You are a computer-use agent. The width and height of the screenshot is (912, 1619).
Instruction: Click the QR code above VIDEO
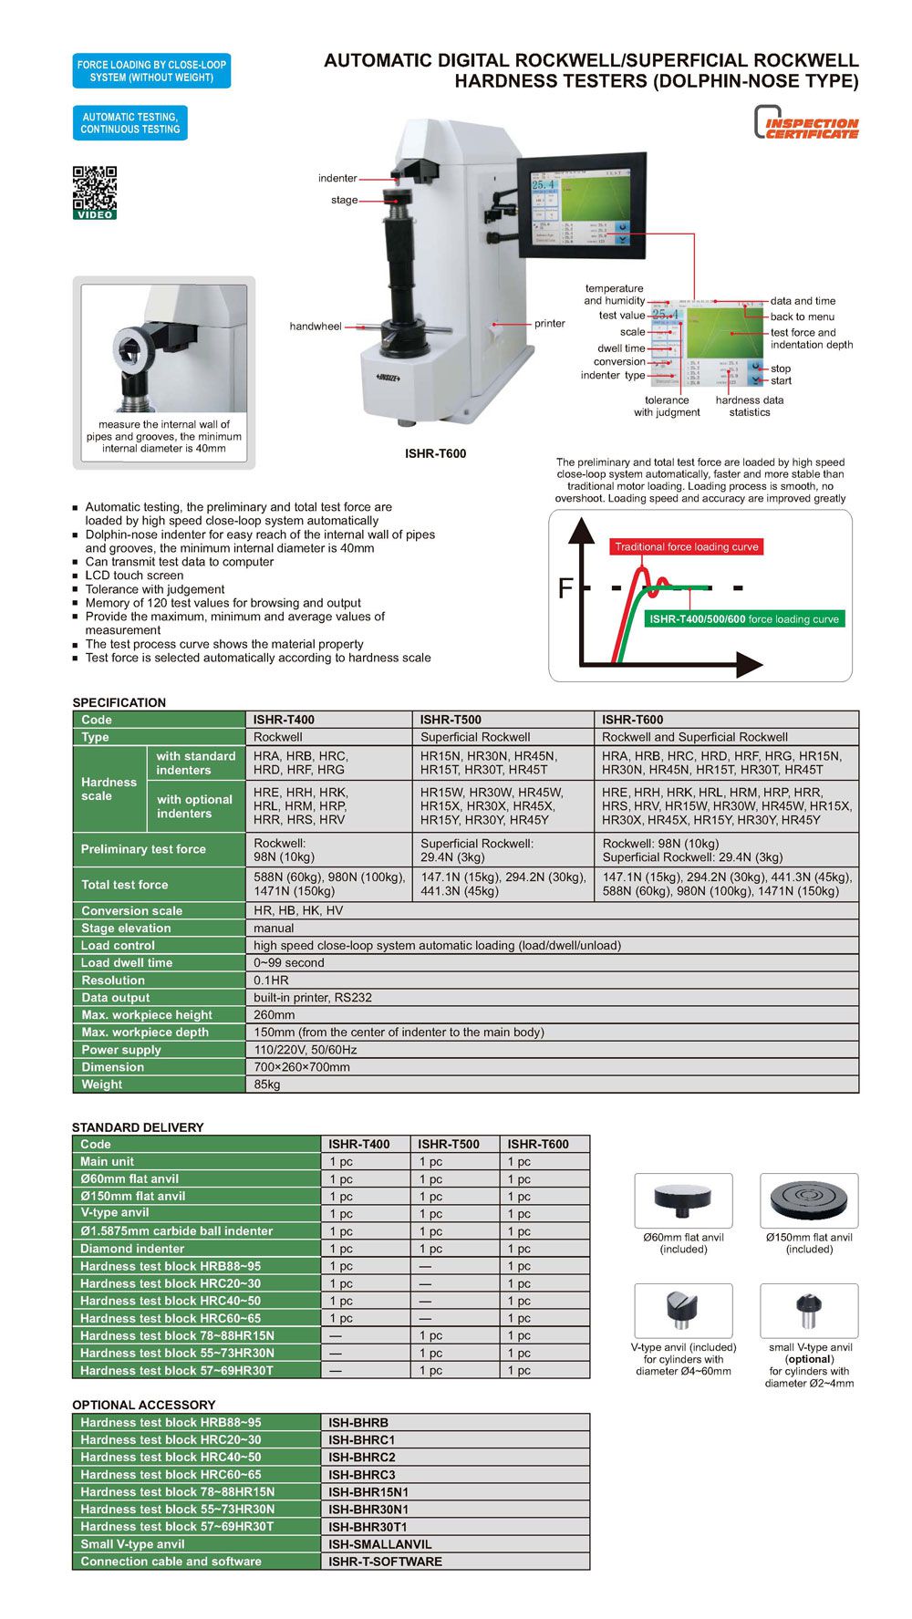(95, 187)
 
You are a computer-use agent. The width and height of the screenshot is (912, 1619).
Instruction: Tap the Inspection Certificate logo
(807, 123)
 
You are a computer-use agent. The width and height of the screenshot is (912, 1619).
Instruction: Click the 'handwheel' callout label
(316, 327)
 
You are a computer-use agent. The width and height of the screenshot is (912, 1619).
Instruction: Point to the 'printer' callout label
(550, 324)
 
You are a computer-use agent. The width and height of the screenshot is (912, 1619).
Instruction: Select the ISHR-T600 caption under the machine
(435, 453)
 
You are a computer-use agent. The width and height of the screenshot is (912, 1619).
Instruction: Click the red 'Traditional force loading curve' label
(686, 547)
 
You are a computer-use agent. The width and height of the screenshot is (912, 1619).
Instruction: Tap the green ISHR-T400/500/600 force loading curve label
(743, 619)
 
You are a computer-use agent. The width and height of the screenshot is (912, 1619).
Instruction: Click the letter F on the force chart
(565, 589)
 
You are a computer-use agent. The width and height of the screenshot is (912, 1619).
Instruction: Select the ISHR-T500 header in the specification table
(451, 720)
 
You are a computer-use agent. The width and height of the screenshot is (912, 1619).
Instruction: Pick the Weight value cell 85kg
(267, 1085)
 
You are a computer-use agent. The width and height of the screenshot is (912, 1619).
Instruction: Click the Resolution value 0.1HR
(271, 981)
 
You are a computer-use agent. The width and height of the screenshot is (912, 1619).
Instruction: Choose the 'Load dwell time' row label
(127, 963)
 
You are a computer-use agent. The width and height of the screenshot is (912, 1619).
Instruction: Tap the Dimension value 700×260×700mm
(302, 1067)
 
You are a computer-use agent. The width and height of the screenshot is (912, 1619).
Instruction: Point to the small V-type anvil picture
(809, 1311)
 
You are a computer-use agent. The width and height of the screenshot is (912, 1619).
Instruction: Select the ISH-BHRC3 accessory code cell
(362, 1475)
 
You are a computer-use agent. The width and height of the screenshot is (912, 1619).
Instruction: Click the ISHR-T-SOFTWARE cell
(385, 1562)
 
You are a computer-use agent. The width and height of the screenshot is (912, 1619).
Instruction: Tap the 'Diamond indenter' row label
(132, 1249)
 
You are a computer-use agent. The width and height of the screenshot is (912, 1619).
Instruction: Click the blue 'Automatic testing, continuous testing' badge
(130, 123)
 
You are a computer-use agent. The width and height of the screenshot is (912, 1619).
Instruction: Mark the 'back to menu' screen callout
(803, 317)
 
